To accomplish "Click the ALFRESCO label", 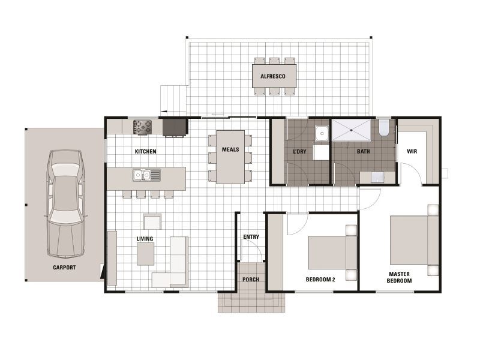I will point(277,77).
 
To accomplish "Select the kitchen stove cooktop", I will point(143,127).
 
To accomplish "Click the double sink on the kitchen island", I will point(143,175).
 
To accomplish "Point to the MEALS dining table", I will point(230,157).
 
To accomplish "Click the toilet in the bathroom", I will point(384,127).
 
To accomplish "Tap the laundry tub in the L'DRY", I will point(322,133).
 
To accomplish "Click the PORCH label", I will point(251,280).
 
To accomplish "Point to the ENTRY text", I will point(251,237).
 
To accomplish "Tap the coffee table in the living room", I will point(145,254).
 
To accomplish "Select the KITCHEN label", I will point(146,152).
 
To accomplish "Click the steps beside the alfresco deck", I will point(173,99).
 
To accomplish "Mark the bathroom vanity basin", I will point(377,177).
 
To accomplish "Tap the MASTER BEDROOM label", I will point(398,277).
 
